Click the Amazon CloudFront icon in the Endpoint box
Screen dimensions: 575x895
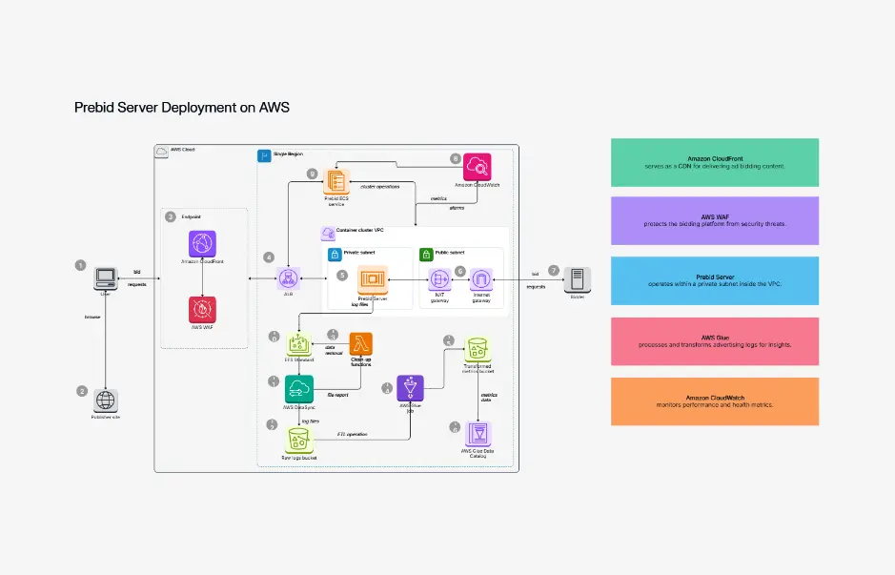click(x=202, y=244)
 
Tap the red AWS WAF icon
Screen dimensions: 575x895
click(x=202, y=309)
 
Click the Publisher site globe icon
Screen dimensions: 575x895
click(x=105, y=400)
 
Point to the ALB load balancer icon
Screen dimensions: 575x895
click(x=287, y=278)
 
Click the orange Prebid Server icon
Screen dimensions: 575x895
click(x=372, y=279)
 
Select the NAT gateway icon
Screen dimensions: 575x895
click(x=440, y=279)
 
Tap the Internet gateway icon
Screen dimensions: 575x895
click(x=480, y=279)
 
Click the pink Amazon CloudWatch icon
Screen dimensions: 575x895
click(x=477, y=167)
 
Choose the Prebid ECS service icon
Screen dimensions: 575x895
click(x=336, y=181)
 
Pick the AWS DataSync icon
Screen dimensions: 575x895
click(x=298, y=388)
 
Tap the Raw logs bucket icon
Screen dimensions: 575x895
click(x=298, y=440)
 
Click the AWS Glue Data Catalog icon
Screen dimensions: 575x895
click(x=478, y=435)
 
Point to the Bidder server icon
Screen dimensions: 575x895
click(x=576, y=279)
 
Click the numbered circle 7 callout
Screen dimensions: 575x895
click(x=554, y=270)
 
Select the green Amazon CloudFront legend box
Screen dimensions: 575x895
click(x=714, y=162)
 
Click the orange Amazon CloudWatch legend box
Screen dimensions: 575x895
click(x=714, y=400)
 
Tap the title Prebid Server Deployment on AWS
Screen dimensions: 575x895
click(x=181, y=108)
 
